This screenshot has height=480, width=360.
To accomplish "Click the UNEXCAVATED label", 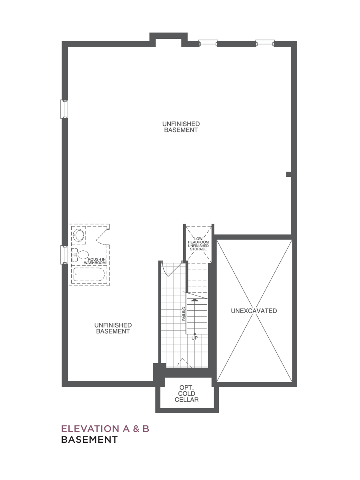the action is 254,311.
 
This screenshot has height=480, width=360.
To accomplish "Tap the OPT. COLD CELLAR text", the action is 186,394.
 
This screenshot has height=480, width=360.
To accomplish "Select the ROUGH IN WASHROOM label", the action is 95,261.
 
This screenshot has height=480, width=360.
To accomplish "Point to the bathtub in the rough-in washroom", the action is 89,274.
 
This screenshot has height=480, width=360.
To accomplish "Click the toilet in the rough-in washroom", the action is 80,255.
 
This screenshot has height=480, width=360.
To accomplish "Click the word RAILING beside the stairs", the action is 184,314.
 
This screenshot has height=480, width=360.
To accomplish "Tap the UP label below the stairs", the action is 194,338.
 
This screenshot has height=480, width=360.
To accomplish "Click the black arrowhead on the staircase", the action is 194,300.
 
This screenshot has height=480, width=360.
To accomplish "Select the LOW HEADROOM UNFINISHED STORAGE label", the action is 198,244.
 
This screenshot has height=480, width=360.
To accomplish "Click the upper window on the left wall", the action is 64,109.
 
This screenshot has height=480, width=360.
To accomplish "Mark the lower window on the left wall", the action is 64,255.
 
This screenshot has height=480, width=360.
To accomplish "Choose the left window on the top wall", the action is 208,43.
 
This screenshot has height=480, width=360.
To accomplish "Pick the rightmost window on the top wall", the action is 265,43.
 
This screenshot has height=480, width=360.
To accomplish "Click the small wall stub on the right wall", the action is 288,174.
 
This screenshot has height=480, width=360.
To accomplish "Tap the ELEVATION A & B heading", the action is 105,429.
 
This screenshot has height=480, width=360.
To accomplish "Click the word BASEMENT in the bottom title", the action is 89,439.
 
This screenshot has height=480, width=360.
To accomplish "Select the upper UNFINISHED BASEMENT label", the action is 181,127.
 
